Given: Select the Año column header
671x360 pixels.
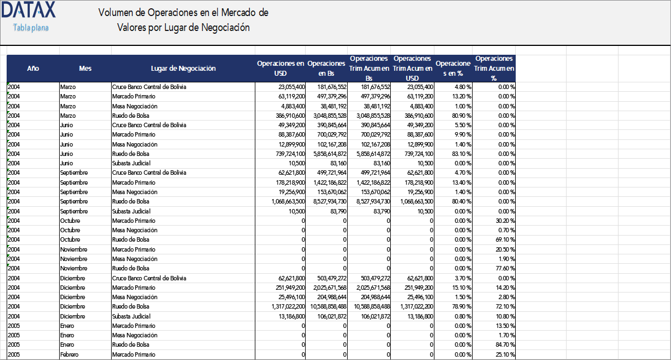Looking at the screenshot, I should [x=33, y=69].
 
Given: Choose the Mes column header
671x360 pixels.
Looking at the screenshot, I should [x=85, y=69].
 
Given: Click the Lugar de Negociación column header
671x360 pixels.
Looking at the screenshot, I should [x=183, y=69].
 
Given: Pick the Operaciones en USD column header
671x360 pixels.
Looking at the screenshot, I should [x=280, y=69].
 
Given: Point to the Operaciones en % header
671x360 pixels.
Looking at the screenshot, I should [x=453, y=69].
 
